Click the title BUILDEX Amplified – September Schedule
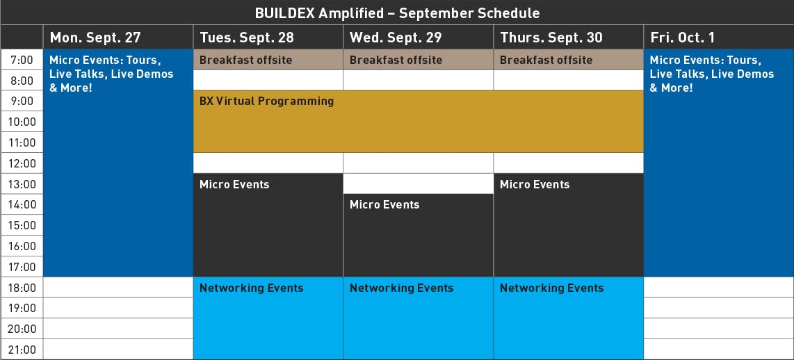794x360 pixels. [x=397, y=13]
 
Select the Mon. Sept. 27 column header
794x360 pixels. [x=95, y=38]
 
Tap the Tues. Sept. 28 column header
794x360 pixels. [x=247, y=38]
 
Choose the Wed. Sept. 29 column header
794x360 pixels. [x=396, y=38]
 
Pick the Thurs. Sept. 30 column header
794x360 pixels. [x=551, y=38]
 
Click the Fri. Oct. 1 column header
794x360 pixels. [x=683, y=38]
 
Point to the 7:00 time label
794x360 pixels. [x=22, y=60]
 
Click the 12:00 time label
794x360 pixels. [x=22, y=163]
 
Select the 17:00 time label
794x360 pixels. [x=22, y=267]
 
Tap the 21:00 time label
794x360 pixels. [x=22, y=350]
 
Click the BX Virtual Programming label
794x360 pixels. [x=266, y=101]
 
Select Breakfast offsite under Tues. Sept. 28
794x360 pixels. [x=245, y=60]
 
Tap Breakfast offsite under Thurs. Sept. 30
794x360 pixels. [x=546, y=60]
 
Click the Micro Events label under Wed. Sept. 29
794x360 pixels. [x=384, y=204]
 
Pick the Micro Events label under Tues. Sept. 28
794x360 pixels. [x=234, y=184]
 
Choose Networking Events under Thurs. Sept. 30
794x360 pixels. [x=551, y=288]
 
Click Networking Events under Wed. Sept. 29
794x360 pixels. [x=402, y=288]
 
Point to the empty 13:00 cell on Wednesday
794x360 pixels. [x=419, y=183]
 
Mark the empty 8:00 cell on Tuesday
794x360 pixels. [x=268, y=80]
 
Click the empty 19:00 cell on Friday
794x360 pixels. [x=718, y=308]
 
